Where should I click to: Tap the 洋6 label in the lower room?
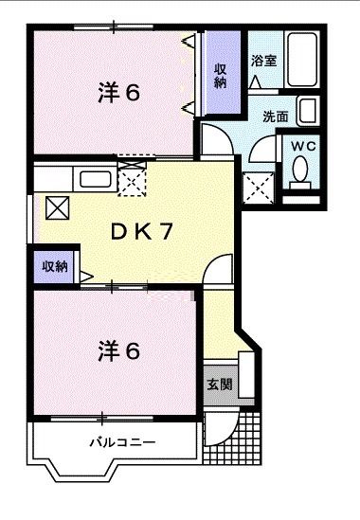tap(118, 350)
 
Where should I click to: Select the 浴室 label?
tap(263, 60)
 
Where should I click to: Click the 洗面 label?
tap(276, 117)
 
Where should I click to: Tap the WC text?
tap(303, 146)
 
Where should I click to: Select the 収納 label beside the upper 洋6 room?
tap(220, 75)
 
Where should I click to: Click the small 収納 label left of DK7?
tap(54, 266)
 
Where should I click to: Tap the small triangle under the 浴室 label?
tap(256, 81)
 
